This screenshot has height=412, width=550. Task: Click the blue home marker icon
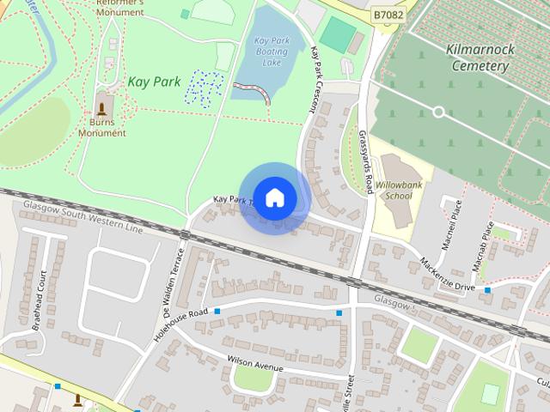[274, 198]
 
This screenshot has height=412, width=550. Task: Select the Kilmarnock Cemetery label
[481, 57]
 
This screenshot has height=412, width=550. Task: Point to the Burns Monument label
[102, 128]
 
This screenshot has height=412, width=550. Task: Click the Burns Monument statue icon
[102, 108]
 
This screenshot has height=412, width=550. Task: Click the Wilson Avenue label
[254, 364]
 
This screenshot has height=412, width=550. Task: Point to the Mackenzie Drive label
[447, 273]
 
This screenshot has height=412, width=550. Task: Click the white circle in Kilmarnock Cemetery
[438, 112]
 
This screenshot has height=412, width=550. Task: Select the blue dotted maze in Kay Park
[206, 87]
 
